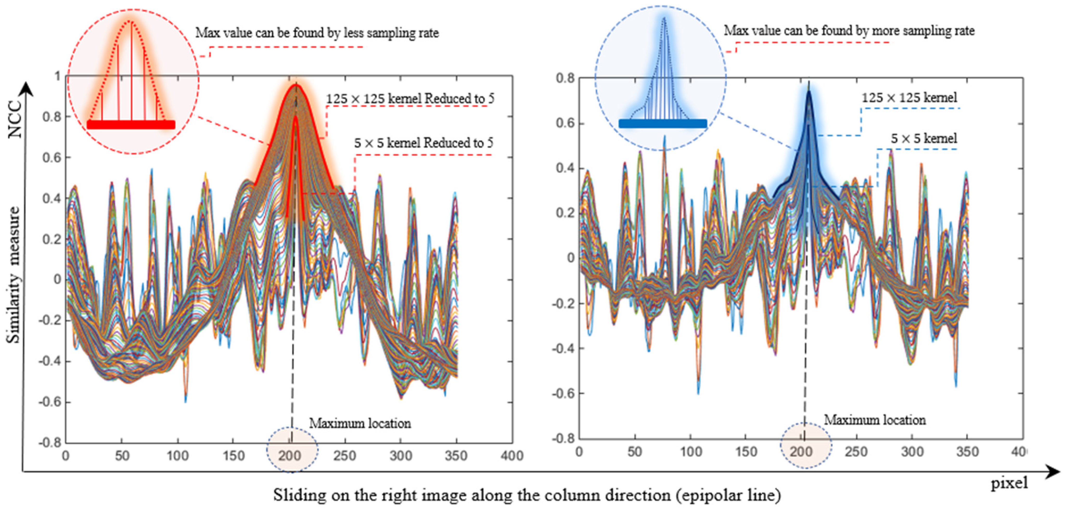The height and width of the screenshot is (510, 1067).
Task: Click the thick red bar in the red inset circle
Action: tap(131, 125)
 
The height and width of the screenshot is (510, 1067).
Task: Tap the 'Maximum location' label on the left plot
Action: tap(360, 423)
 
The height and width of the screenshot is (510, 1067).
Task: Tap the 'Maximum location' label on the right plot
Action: tap(875, 420)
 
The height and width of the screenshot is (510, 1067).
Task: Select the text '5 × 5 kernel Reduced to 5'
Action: tap(423, 143)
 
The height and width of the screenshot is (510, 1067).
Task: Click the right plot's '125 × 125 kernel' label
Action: tap(909, 98)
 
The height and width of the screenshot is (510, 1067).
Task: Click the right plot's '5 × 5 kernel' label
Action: tap(924, 138)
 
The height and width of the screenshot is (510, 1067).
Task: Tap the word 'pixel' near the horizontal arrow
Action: tap(1009, 483)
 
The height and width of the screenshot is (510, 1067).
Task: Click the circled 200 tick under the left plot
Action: tap(290, 456)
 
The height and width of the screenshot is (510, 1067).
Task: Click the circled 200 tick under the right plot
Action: tap(801, 452)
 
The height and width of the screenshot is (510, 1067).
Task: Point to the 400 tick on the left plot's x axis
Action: tap(512, 456)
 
